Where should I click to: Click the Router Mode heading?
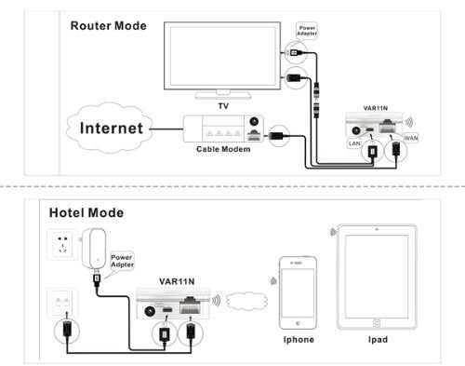click(109, 25)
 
